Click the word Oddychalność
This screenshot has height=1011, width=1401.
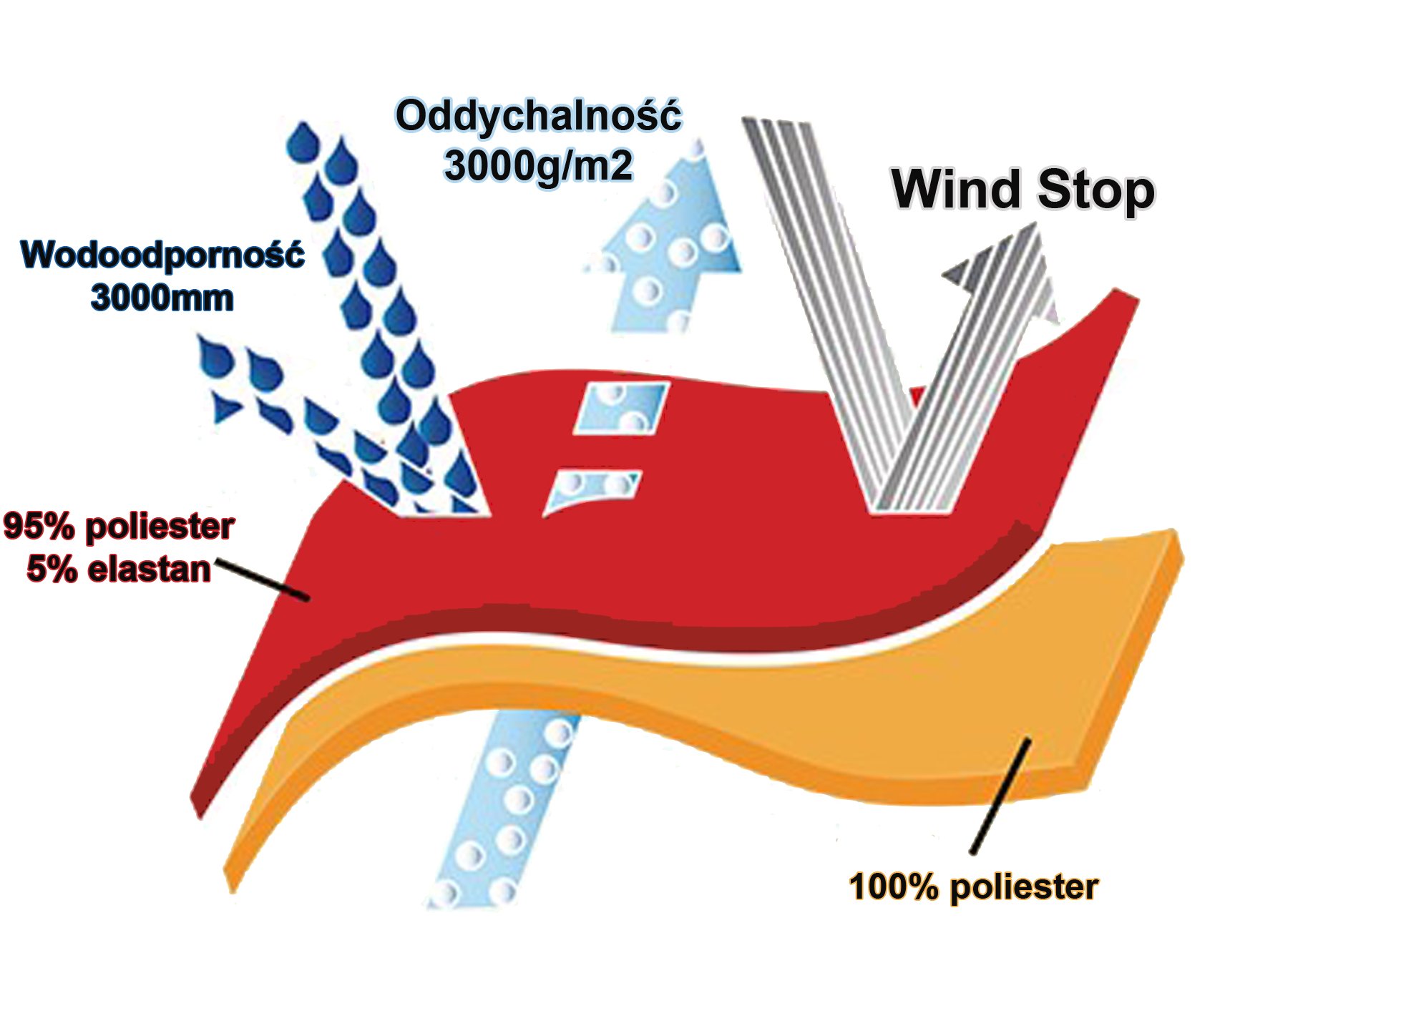(x=539, y=116)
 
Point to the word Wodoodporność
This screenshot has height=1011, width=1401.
(x=163, y=255)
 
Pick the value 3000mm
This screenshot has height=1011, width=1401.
(x=162, y=298)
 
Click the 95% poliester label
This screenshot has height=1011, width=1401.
(x=119, y=527)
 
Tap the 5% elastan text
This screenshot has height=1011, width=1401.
(x=119, y=570)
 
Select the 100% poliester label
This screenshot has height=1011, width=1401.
(x=973, y=887)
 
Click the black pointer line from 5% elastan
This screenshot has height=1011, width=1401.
(x=262, y=580)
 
